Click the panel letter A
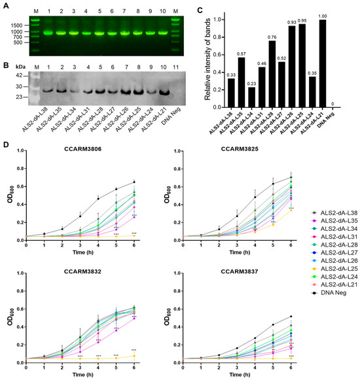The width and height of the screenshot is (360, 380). pyautogui.click(x=5, y=5)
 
